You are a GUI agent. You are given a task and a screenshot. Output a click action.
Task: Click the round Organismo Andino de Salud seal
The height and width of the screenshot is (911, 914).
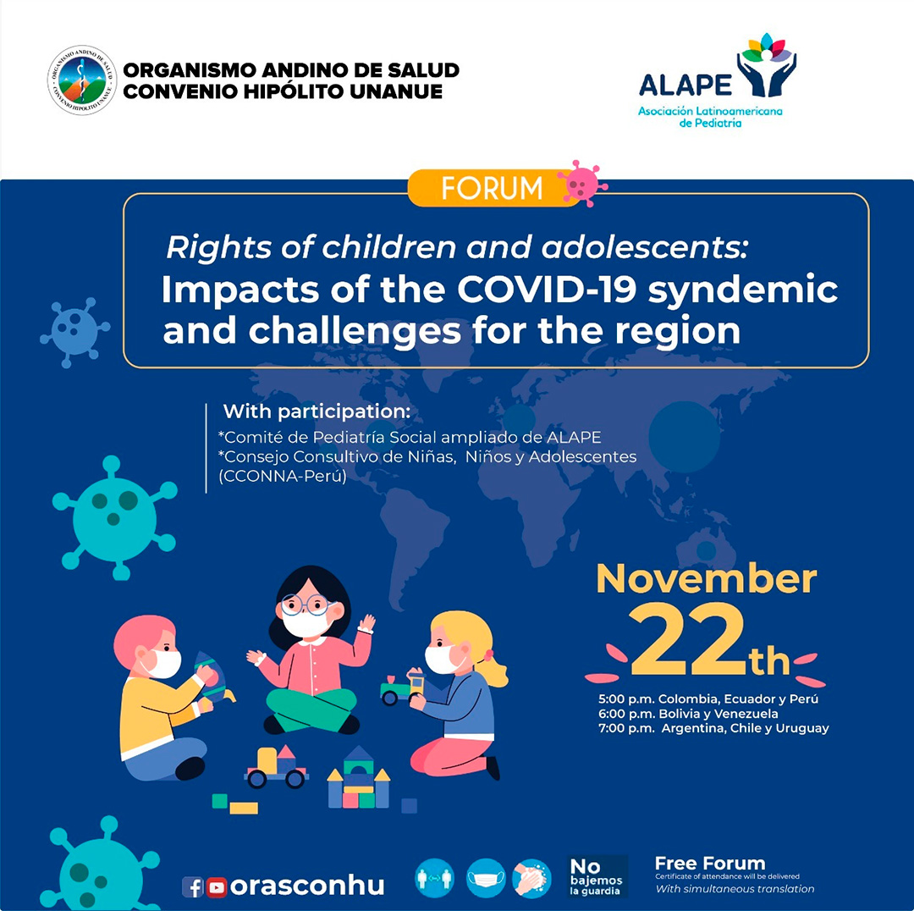pos(81,80)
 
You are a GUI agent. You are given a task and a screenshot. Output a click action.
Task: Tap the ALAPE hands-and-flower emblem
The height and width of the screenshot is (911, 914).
pos(767,64)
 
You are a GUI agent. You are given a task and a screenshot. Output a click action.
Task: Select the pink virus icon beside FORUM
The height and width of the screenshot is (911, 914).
pos(582,183)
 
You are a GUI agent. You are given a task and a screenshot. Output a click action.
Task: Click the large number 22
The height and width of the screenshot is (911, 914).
pos(688,643)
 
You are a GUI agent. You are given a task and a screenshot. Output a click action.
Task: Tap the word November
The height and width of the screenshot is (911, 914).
pos(707,579)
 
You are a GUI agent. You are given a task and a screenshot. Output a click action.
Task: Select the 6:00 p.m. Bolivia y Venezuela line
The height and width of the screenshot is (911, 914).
pos(687,714)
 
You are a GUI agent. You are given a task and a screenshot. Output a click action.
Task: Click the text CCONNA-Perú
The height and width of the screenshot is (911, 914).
pos(283,477)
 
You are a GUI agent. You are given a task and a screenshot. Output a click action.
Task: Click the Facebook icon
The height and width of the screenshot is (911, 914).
pos(193,886)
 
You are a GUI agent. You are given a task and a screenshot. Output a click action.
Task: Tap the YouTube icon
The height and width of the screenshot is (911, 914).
pos(217,886)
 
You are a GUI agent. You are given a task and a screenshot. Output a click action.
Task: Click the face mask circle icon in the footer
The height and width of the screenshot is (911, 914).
pos(486,878)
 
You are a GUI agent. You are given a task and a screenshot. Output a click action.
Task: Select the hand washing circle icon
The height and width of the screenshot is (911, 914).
pos(531,878)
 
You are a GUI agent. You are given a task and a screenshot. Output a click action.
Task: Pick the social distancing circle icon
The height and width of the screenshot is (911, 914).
pos(435,878)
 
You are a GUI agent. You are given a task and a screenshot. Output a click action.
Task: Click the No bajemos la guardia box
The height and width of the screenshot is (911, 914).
pos(597,876)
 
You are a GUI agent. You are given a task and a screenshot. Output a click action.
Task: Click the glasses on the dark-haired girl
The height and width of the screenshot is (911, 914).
pos(305,605)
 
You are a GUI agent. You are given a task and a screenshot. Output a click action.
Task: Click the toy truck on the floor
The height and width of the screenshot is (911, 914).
pos(277,766)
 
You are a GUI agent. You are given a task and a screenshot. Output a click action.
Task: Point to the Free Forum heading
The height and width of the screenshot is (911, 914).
pos(709,864)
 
